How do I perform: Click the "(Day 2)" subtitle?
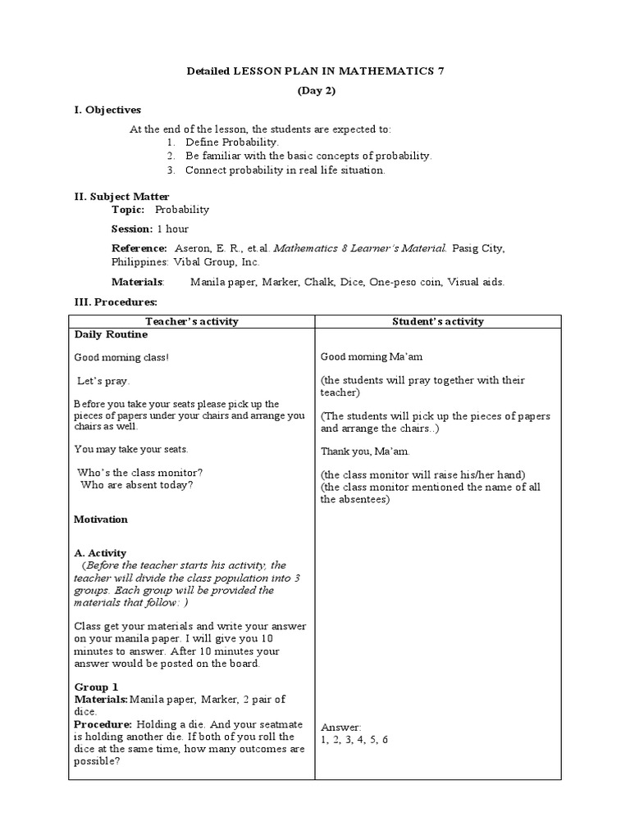pyautogui.click(x=315, y=91)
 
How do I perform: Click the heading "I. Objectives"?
pyautogui.click(x=107, y=110)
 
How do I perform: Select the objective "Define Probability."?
pyautogui.click(x=221, y=143)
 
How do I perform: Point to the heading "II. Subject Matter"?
pyautogui.click(x=122, y=197)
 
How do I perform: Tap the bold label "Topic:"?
pyautogui.click(x=128, y=210)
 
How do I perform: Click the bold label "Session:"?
pyautogui.click(x=132, y=229)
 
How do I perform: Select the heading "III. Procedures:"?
pyautogui.click(x=116, y=302)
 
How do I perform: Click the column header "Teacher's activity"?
pyautogui.click(x=191, y=321)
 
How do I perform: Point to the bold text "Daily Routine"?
pyautogui.click(x=112, y=334)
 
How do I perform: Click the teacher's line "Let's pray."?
pyautogui.click(x=103, y=381)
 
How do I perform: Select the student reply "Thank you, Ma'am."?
pyautogui.click(x=366, y=451)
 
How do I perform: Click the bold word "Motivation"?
pyautogui.click(x=101, y=519)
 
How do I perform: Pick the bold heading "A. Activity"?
pyautogui.click(x=100, y=553)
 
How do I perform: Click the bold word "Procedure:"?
pyautogui.click(x=103, y=725)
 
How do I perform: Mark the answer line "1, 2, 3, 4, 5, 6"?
pyautogui.click(x=354, y=739)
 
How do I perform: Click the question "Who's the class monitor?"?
pyautogui.click(x=139, y=472)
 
